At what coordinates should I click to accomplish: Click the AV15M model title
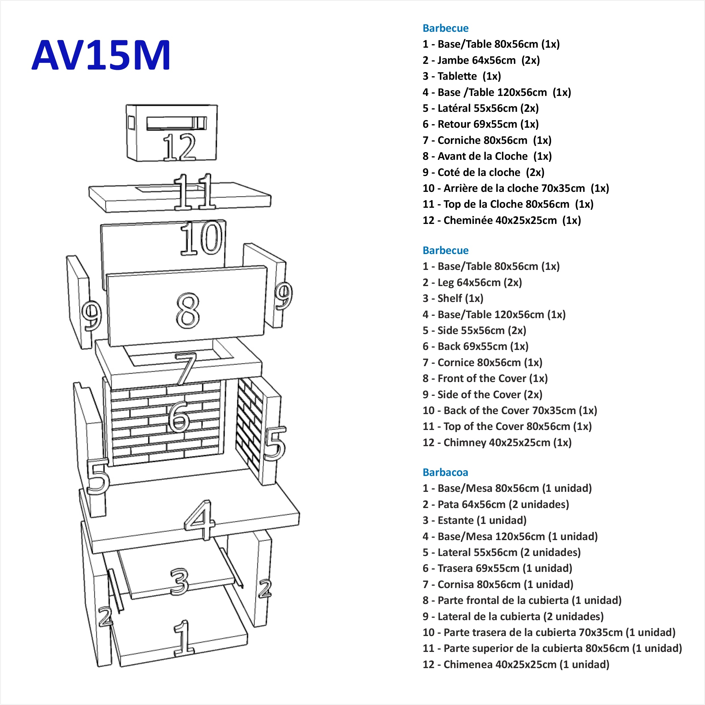coord(101,55)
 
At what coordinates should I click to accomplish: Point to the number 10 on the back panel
coord(201,239)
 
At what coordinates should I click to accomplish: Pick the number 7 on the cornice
coord(186,369)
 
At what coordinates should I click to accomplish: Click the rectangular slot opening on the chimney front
coord(176,123)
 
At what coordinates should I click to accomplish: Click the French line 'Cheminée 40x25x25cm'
coord(502,221)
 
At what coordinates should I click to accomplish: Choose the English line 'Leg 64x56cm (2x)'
coord(472,282)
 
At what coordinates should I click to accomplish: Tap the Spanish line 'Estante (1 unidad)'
coord(474,520)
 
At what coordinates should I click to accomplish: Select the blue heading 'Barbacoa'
coord(445,473)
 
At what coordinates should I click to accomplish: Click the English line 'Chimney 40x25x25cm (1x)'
coord(497,443)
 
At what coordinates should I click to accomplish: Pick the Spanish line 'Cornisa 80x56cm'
coord(498,585)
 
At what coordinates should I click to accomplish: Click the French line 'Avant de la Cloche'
coord(487,156)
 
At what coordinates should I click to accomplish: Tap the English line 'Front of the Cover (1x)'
coord(485,378)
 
